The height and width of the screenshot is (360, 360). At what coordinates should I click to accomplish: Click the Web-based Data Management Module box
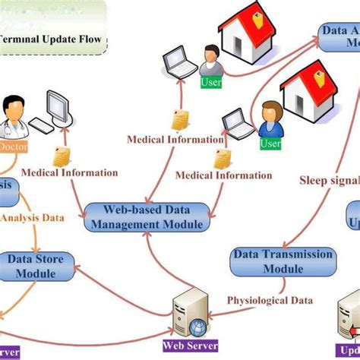[144, 216]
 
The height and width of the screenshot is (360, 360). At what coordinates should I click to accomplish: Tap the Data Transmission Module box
[283, 261]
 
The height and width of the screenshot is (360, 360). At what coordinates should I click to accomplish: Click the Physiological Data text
[270, 301]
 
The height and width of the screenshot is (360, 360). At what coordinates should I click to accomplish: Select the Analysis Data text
[32, 218]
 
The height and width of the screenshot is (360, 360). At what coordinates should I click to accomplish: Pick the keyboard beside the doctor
[42, 127]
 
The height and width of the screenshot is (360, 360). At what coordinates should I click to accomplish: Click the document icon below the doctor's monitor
[62, 156]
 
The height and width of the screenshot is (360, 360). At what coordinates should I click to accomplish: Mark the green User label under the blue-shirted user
[270, 143]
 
